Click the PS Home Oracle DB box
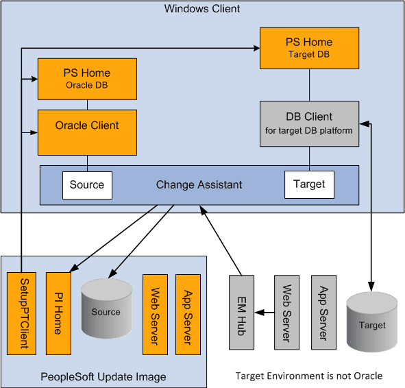86,79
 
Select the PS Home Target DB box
309,48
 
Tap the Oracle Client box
86,132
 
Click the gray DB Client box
309,123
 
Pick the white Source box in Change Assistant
87,184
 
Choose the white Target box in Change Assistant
309,184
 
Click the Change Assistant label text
199,185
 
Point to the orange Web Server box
154,314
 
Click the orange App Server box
188,314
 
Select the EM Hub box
241,313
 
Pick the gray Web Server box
286,313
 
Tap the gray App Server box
323,313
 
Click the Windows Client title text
202,9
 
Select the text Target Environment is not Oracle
308,376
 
